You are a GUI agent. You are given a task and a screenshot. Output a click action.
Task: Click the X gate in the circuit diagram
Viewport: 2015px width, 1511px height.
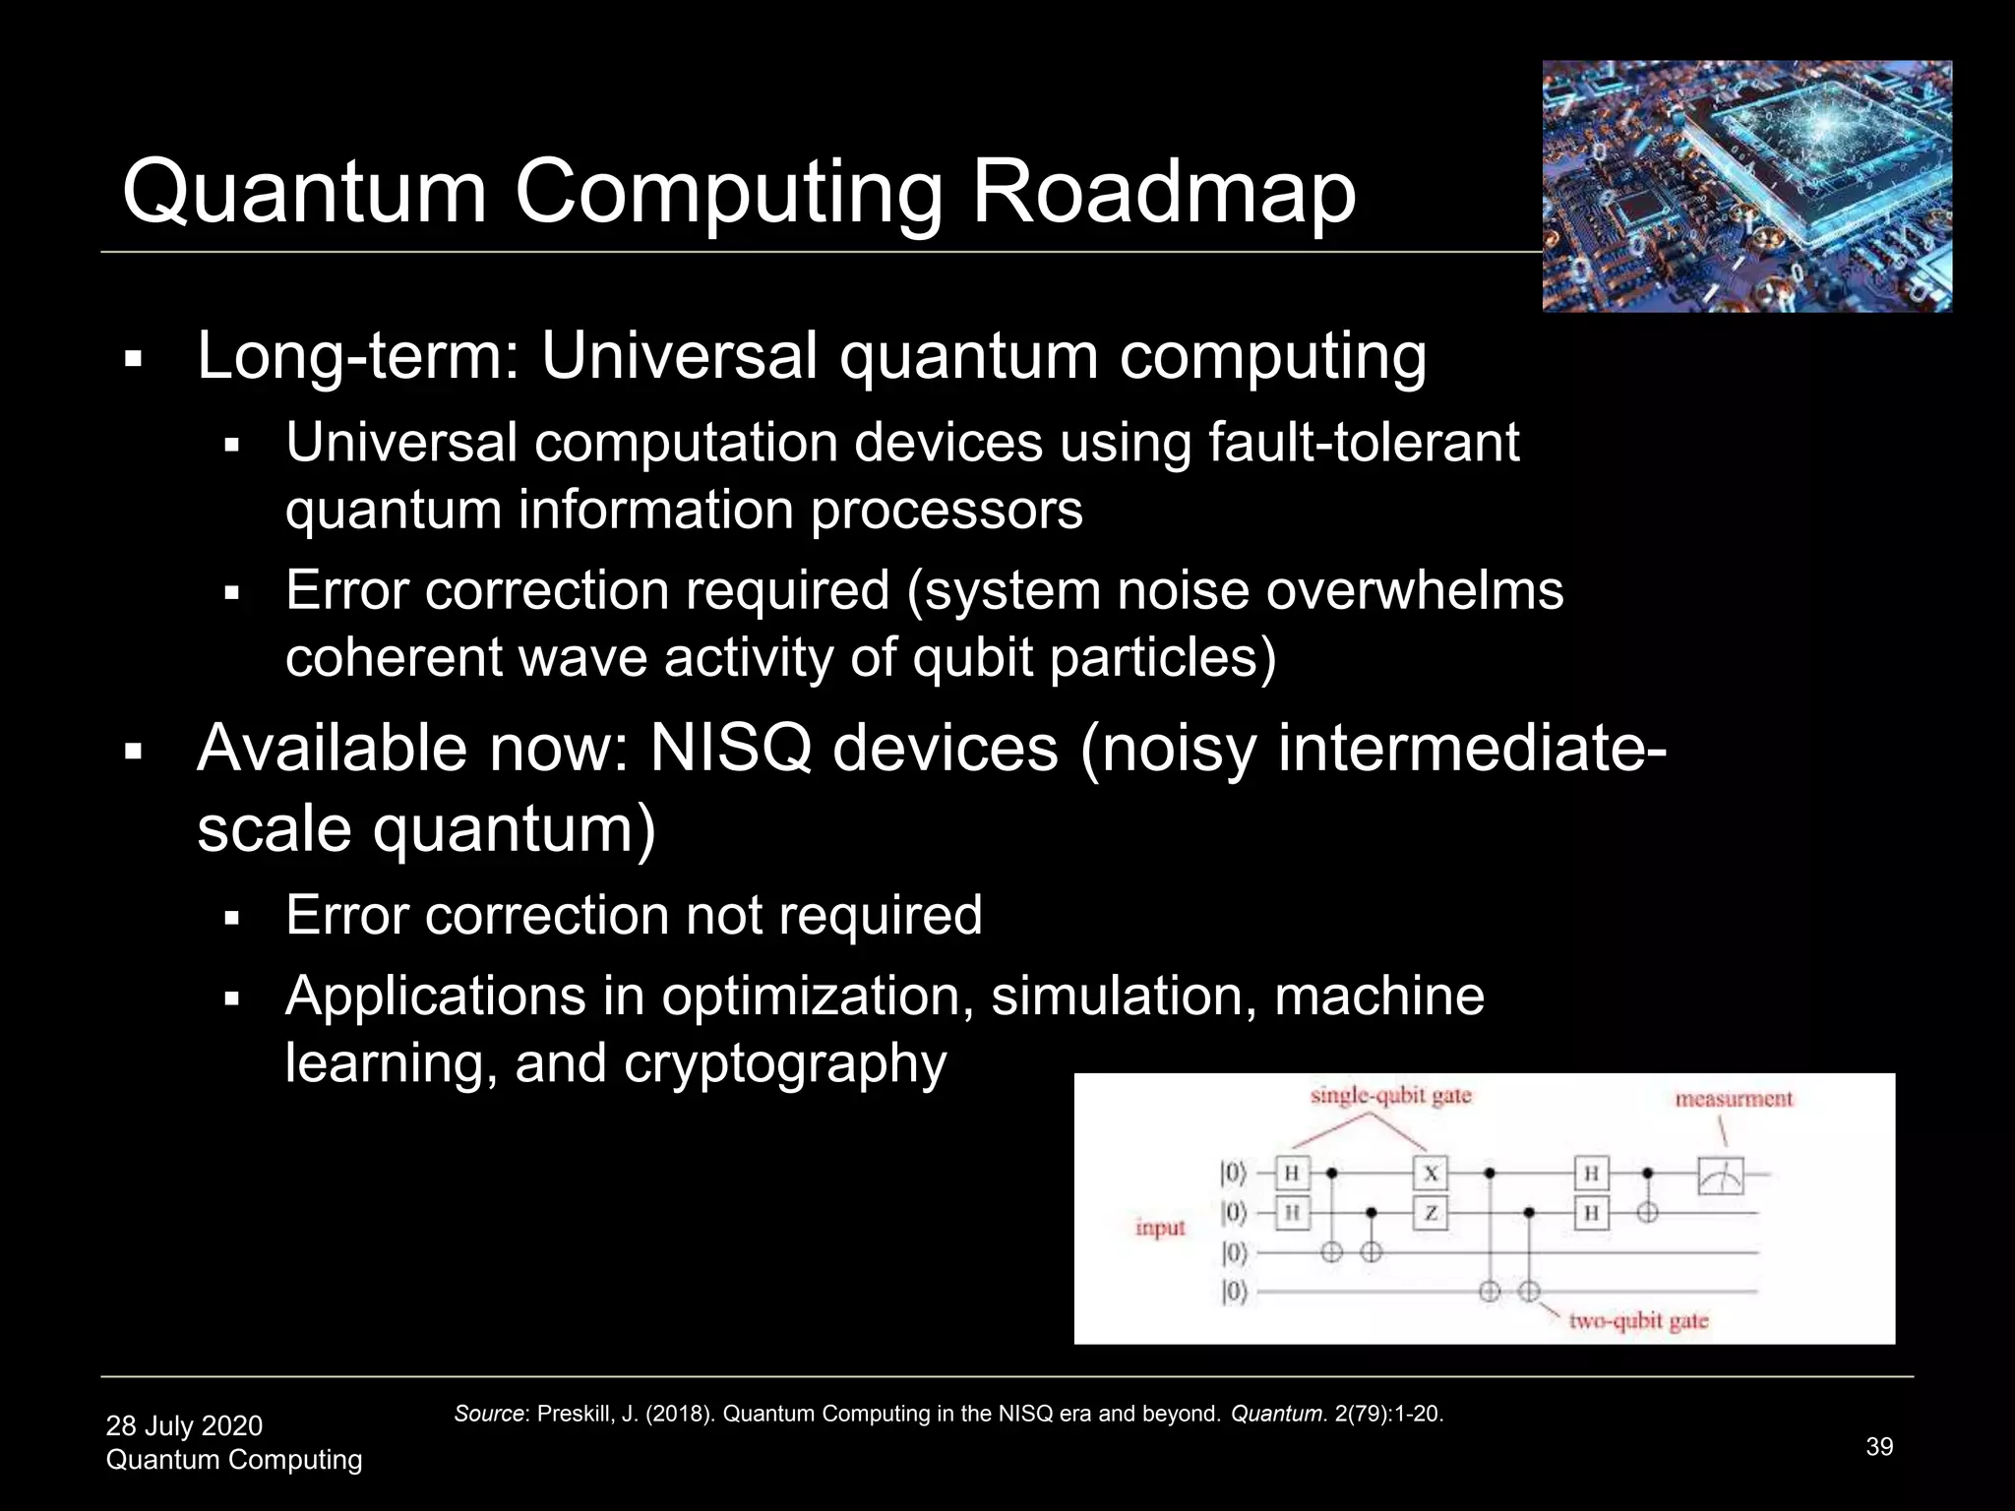[x=1431, y=1173]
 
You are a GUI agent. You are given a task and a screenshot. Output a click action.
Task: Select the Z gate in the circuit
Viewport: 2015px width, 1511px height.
[x=1431, y=1214]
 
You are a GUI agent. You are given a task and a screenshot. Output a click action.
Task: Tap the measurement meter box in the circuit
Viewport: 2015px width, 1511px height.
[x=1720, y=1176]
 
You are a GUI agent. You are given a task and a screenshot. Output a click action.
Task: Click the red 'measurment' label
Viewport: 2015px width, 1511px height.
[x=1734, y=1099]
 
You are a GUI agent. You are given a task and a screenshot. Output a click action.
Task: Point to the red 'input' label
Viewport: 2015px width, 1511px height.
[x=1160, y=1228]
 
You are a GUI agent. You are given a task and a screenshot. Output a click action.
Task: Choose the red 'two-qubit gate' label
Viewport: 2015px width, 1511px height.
[x=1638, y=1320]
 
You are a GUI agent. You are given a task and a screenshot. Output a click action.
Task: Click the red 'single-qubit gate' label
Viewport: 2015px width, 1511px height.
[x=1390, y=1096]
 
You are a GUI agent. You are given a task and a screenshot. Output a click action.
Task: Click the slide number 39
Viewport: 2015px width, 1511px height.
[x=1879, y=1446]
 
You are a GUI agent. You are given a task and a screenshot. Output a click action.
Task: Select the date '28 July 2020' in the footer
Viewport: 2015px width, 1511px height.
[x=184, y=1425]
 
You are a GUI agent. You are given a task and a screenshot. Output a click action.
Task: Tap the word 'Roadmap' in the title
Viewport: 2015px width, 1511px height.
[x=1163, y=192]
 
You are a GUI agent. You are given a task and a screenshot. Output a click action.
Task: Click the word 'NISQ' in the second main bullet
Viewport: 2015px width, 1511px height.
[x=730, y=749]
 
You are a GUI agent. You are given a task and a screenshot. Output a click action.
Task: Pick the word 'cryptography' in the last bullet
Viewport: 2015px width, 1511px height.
[x=784, y=1063]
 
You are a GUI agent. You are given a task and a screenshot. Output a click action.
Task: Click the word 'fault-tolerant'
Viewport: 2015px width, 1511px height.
[x=1363, y=442]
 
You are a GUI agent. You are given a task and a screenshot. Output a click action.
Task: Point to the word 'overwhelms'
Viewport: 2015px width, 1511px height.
[x=1414, y=590]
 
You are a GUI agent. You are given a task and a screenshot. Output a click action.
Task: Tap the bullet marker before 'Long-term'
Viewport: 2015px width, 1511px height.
[x=134, y=358]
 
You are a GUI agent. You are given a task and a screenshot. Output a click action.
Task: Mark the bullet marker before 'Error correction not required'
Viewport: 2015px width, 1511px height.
[x=232, y=919]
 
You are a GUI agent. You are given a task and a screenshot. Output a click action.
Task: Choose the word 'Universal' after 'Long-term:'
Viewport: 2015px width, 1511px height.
[x=679, y=355]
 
